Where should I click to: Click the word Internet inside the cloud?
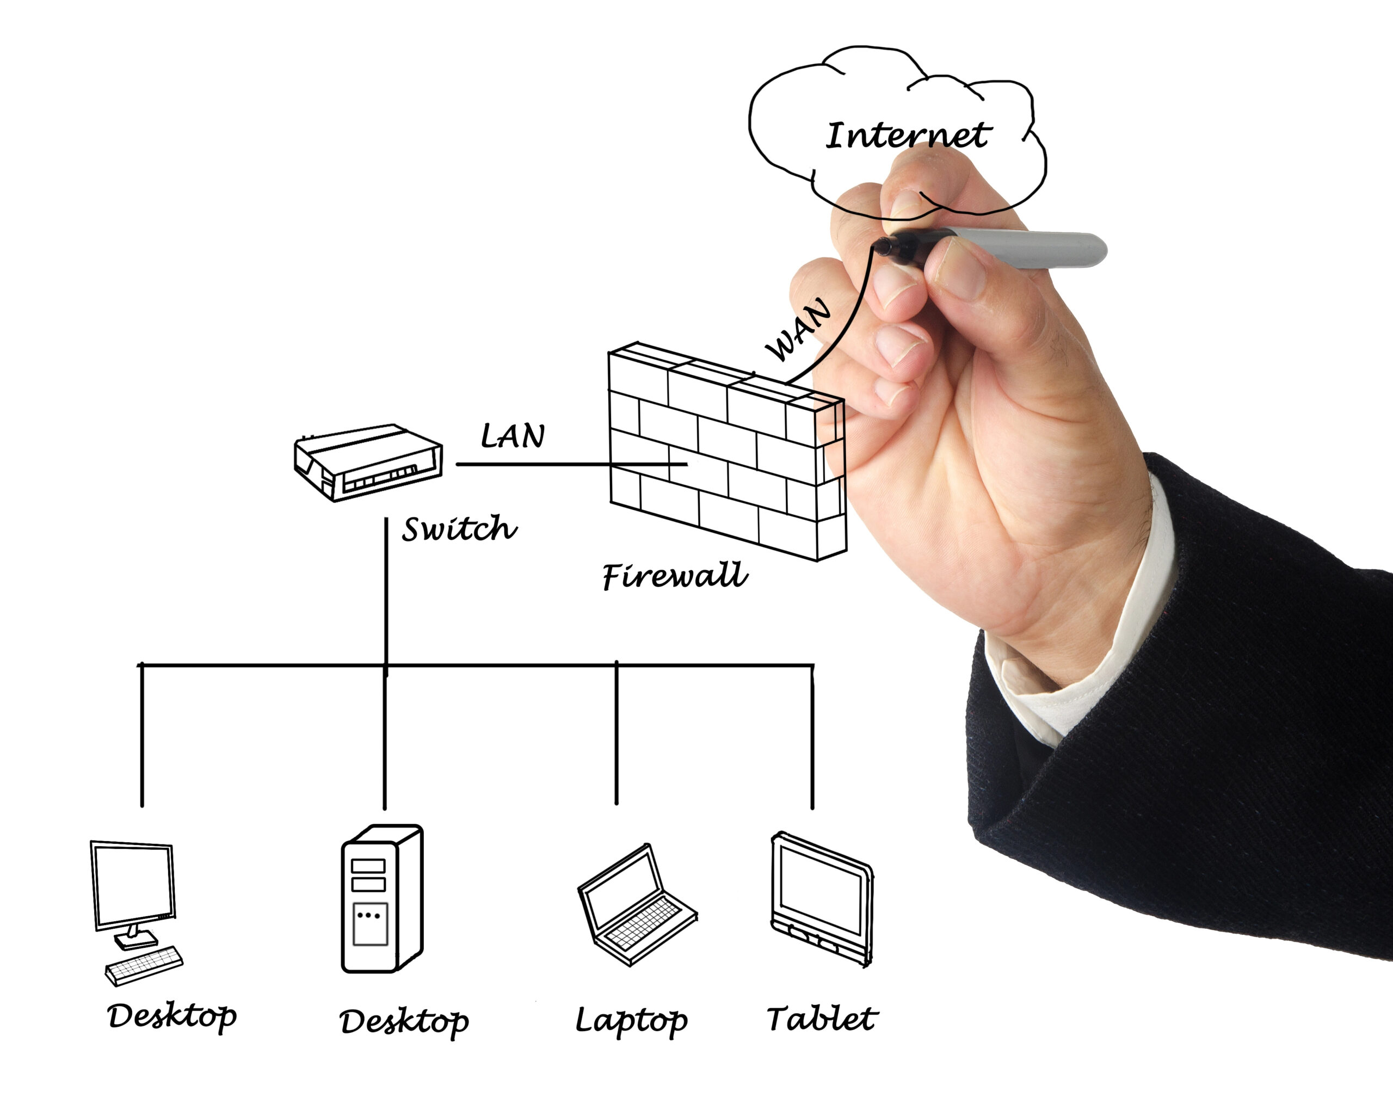[x=908, y=135]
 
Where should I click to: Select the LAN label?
[x=513, y=436]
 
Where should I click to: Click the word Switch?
[x=459, y=528]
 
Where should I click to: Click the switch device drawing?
[x=368, y=461]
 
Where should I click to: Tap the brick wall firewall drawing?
[x=727, y=451]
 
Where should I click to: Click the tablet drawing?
[x=822, y=899]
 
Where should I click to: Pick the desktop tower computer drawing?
[x=382, y=899]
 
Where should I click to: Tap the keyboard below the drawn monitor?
[x=144, y=965]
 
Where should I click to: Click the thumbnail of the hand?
[x=960, y=268]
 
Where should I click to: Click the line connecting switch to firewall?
[x=571, y=464]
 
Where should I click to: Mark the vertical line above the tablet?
[x=812, y=737]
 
